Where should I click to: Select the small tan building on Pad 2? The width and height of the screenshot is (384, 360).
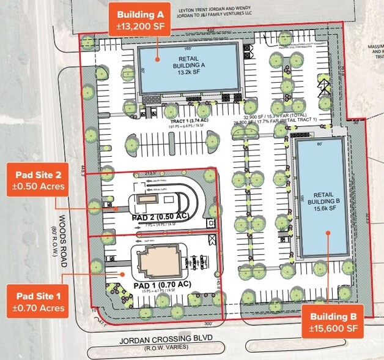(147, 200)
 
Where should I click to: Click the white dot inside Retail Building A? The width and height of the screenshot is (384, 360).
(157, 59)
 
